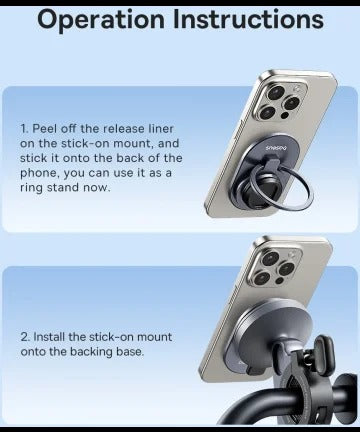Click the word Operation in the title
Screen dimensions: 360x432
click(x=101, y=20)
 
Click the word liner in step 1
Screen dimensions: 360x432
click(x=161, y=129)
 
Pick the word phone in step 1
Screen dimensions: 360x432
click(x=40, y=173)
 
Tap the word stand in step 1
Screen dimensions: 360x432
click(x=64, y=187)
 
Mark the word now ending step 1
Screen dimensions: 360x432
click(x=97, y=188)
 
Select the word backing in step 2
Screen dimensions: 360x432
click(x=91, y=352)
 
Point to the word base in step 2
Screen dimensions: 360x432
click(x=130, y=352)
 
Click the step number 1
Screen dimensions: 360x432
click(x=24, y=129)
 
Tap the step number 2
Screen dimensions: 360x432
click(x=25, y=337)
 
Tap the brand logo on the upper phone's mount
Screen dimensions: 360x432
click(x=277, y=148)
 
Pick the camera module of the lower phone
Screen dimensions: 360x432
click(x=276, y=267)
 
